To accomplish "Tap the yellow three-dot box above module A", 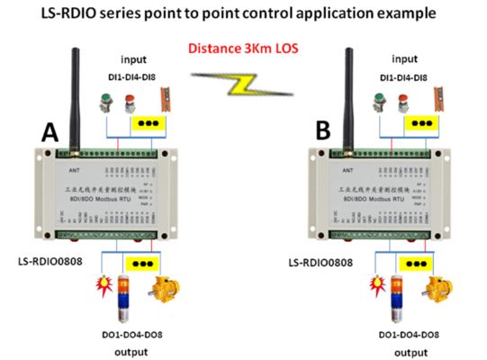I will click(x=150, y=123).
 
